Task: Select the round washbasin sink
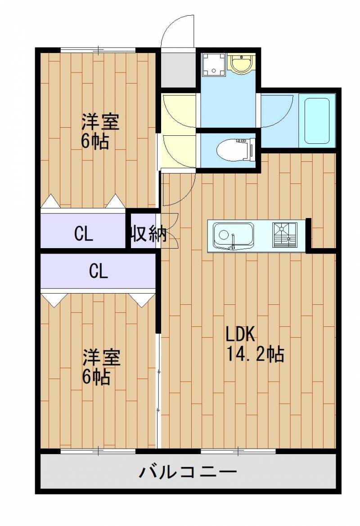tap(242, 62)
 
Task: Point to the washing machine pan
tap(213, 64)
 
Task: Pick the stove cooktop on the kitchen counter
tap(284, 235)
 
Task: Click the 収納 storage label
tap(148, 234)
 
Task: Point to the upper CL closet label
tap(84, 234)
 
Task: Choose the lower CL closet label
tap(98, 271)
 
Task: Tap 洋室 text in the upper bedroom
tap(100, 122)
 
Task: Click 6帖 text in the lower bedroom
tap(95, 377)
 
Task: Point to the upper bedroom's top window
tap(98, 50)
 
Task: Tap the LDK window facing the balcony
tap(238, 450)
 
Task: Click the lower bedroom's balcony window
tap(98, 450)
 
